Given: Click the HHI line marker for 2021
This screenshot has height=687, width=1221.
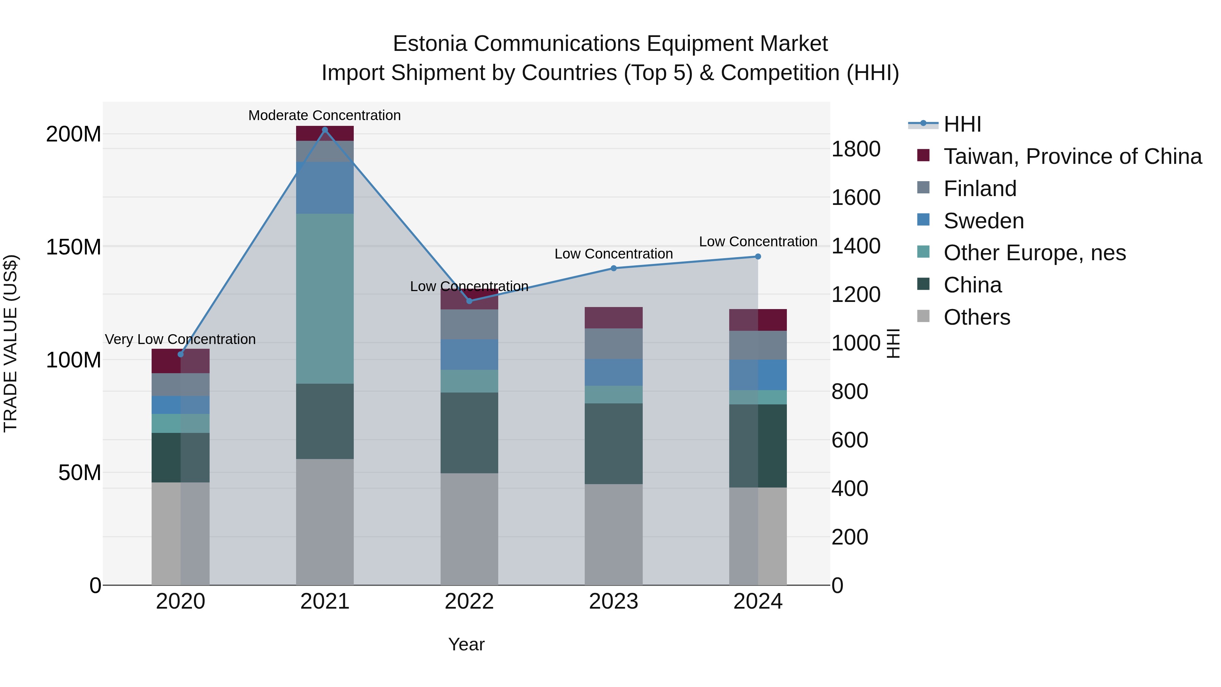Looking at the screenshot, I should click(325, 130).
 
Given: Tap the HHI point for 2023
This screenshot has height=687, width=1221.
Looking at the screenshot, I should click(613, 268).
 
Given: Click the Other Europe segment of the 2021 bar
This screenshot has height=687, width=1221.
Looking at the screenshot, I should click(325, 299).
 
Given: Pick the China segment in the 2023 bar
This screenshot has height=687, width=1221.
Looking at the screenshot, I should click(613, 444).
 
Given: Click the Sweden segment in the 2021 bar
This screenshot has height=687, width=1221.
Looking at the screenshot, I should click(325, 188).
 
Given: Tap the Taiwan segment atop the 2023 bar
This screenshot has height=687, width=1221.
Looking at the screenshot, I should click(613, 318).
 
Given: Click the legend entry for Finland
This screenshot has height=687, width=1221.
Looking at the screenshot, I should click(980, 189).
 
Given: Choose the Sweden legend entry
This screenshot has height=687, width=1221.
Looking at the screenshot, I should click(984, 221).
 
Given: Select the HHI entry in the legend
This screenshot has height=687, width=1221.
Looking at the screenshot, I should click(962, 124).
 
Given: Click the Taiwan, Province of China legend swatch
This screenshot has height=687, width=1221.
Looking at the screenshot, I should click(923, 155).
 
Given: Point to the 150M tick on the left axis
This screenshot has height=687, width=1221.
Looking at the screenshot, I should click(74, 247).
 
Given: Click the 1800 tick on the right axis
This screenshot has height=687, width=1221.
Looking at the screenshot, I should click(856, 149).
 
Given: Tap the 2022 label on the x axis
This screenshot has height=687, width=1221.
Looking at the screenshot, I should click(469, 602).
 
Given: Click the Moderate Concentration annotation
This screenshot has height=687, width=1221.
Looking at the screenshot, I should click(325, 115).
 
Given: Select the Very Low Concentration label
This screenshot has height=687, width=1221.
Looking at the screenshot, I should click(180, 340).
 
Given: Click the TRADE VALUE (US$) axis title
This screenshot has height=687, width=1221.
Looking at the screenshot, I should click(11, 343).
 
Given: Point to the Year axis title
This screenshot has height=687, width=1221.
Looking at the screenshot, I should click(466, 644).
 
